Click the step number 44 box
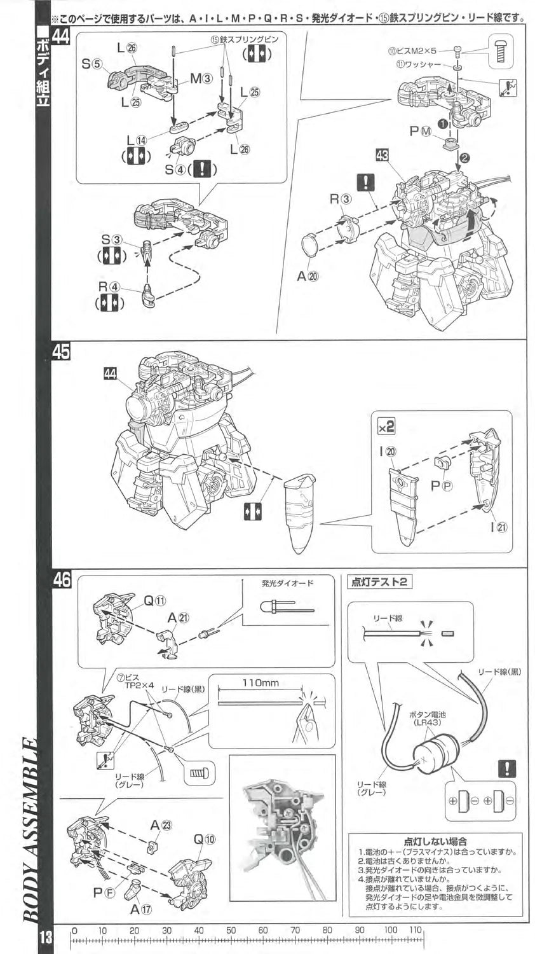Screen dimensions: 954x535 pyautogui.click(x=61, y=36)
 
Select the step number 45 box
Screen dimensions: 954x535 pyautogui.click(x=61, y=352)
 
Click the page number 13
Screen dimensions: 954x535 pyautogui.click(x=44, y=937)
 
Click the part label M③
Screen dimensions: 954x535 pyautogui.click(x=200, y=79)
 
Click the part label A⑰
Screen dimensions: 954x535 pyautogui.click(x=141, y=909)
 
